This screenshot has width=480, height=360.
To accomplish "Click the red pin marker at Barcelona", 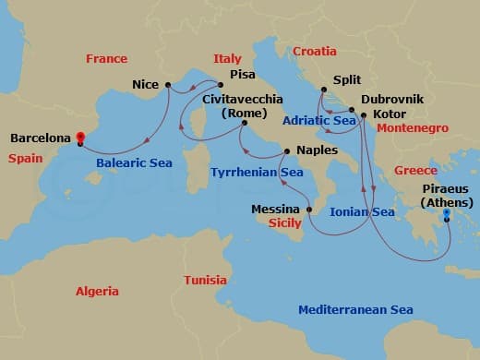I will [x=80, y=138].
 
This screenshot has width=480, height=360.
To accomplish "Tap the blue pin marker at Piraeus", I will [x=446, y=213].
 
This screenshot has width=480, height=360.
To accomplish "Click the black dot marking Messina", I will [x=309, y=210].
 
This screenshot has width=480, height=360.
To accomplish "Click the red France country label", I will [x=106, y=58].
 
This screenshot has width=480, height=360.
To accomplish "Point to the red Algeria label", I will [x=97, y=291].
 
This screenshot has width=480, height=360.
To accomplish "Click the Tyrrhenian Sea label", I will [x=257, y=172].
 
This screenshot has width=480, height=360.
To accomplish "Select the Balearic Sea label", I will [x=134, y=162].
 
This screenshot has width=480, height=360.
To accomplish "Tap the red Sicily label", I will [x=285, y=222].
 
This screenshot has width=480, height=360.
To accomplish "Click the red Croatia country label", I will [x=316, y=52].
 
